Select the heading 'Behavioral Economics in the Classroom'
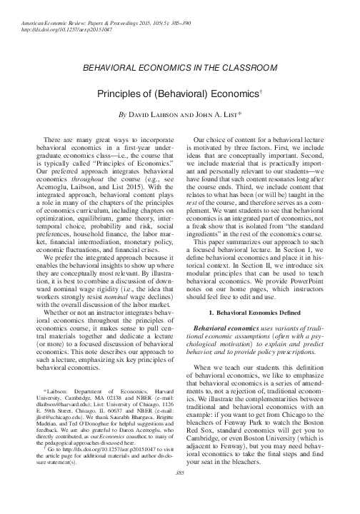click(x=180, y=68)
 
